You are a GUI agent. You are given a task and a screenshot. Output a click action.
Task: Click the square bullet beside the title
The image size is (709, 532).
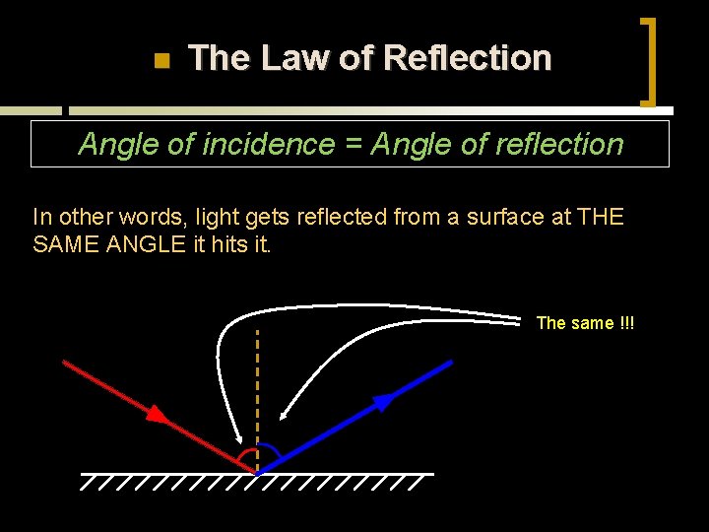(162, 61)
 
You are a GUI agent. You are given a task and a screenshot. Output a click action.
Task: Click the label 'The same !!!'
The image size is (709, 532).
(585, 323)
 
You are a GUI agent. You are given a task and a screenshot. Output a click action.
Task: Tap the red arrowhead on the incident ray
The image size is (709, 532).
(156, 413)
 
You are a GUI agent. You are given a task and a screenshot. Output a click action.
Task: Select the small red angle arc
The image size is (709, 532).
(243, 455)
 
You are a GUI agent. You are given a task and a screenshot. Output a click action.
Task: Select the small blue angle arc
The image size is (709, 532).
(270, 453)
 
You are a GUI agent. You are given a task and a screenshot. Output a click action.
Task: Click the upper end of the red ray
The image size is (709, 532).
(65, 362)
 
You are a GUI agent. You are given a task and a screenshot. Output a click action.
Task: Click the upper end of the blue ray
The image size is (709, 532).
(450, 362)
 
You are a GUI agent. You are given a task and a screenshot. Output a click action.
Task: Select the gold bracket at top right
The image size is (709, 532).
(649, 61)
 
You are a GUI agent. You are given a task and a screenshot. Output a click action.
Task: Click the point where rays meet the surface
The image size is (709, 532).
(257, 473)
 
